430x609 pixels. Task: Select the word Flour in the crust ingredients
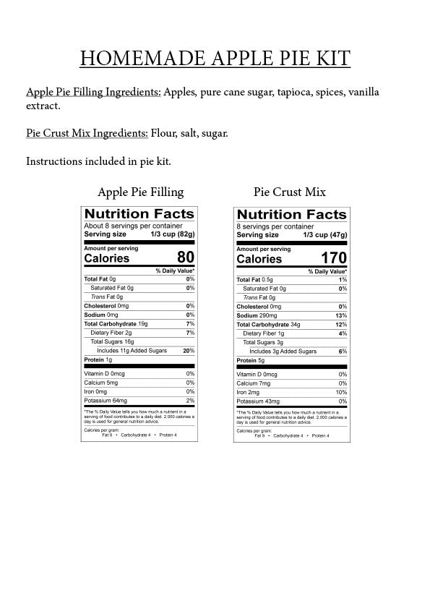coord(165,133)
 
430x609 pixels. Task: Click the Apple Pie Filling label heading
coord(140,192)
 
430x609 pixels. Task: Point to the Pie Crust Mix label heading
coord(289,192)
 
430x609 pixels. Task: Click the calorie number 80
coord(186,257)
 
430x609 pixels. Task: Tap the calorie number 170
coord(334,258)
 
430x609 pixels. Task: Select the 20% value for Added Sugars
coord(189,351)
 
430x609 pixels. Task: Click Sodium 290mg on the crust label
coord(257,316)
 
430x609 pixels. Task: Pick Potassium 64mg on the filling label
coord(106,401)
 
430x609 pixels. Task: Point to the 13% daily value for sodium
coord(342,316)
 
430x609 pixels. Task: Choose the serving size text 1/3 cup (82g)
coord(173,234)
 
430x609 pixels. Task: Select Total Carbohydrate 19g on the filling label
coord(116,324)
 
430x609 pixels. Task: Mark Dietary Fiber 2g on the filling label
coord(111,333)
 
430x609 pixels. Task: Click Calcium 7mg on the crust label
coord(253,383)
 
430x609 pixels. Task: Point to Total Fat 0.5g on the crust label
coord(254,280)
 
